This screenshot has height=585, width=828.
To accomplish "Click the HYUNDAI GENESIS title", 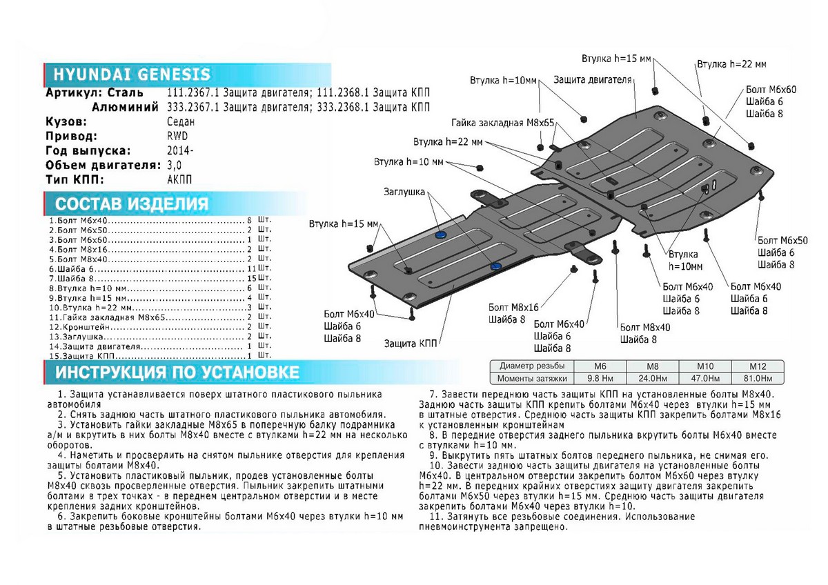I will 128,75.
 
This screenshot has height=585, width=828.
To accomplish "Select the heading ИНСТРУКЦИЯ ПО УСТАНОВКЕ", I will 177,373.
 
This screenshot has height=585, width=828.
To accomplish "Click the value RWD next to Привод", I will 177,136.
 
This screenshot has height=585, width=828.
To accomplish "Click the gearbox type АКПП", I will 180,179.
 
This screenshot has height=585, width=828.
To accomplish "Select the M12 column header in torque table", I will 758,366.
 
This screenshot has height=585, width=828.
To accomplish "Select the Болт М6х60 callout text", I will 771,90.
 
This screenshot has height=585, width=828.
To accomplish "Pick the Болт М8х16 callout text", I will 513,306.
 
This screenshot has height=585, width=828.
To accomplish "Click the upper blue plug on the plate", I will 440,235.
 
